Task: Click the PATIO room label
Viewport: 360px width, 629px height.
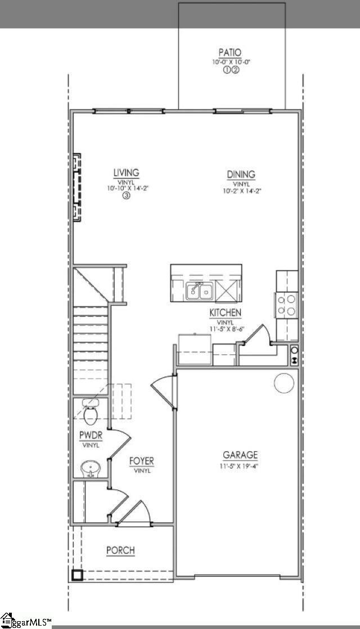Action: coord(230,53)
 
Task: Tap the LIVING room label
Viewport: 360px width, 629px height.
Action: coord(126,173)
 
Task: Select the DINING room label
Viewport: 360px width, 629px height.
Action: coord(241,174)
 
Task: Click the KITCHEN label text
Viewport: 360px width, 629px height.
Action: coord(226,312)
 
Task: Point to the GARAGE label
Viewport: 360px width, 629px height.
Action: coord(240,455)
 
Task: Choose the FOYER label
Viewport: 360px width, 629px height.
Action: coord(142,461)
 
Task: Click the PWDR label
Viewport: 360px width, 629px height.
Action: coord(91,435)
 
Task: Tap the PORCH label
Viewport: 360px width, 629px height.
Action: coord(120,550)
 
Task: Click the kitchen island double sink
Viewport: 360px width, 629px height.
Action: coord(199,291)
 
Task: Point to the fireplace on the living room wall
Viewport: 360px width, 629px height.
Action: coord(75,187)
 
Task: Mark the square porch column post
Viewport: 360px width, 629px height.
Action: coord(77,575)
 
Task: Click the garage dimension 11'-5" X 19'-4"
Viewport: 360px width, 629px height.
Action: coord(240,466)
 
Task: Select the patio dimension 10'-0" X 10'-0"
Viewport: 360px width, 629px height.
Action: coord(231,62)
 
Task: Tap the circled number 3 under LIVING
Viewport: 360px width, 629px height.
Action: coord(127,196)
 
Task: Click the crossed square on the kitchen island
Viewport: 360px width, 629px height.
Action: coord(227,291)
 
